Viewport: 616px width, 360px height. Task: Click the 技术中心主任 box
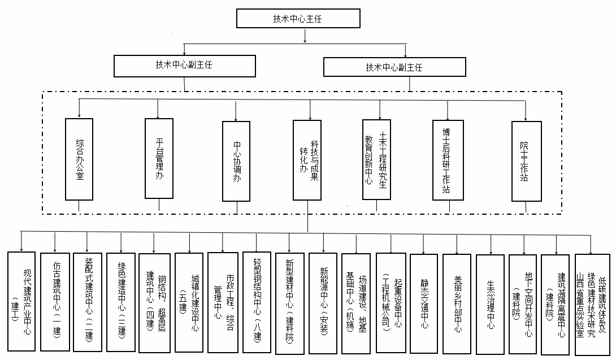click(305, 19)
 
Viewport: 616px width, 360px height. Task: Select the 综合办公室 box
click(79, 159)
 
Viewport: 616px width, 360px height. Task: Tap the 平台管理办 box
click(159, 159)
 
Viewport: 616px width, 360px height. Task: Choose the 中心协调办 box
click(237, 161)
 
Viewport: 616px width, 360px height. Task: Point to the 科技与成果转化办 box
click(308, 160)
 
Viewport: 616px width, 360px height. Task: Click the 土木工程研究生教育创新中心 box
click(377, 159)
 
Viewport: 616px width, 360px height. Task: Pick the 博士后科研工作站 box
click(448, 160)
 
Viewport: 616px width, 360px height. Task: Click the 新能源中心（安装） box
click(323, 303)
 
